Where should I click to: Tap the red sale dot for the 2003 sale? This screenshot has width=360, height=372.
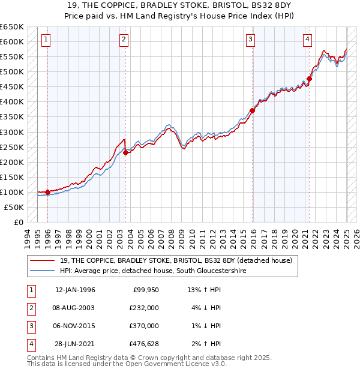click(x=126, y=152)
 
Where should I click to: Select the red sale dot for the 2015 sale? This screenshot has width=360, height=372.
click(x=253, y=110)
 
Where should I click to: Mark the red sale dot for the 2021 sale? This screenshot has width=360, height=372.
click(x=310, y=79)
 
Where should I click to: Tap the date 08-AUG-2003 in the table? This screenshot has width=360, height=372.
click(x=75, y=308)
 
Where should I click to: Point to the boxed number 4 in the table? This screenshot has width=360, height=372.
click(x=30, y=344)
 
